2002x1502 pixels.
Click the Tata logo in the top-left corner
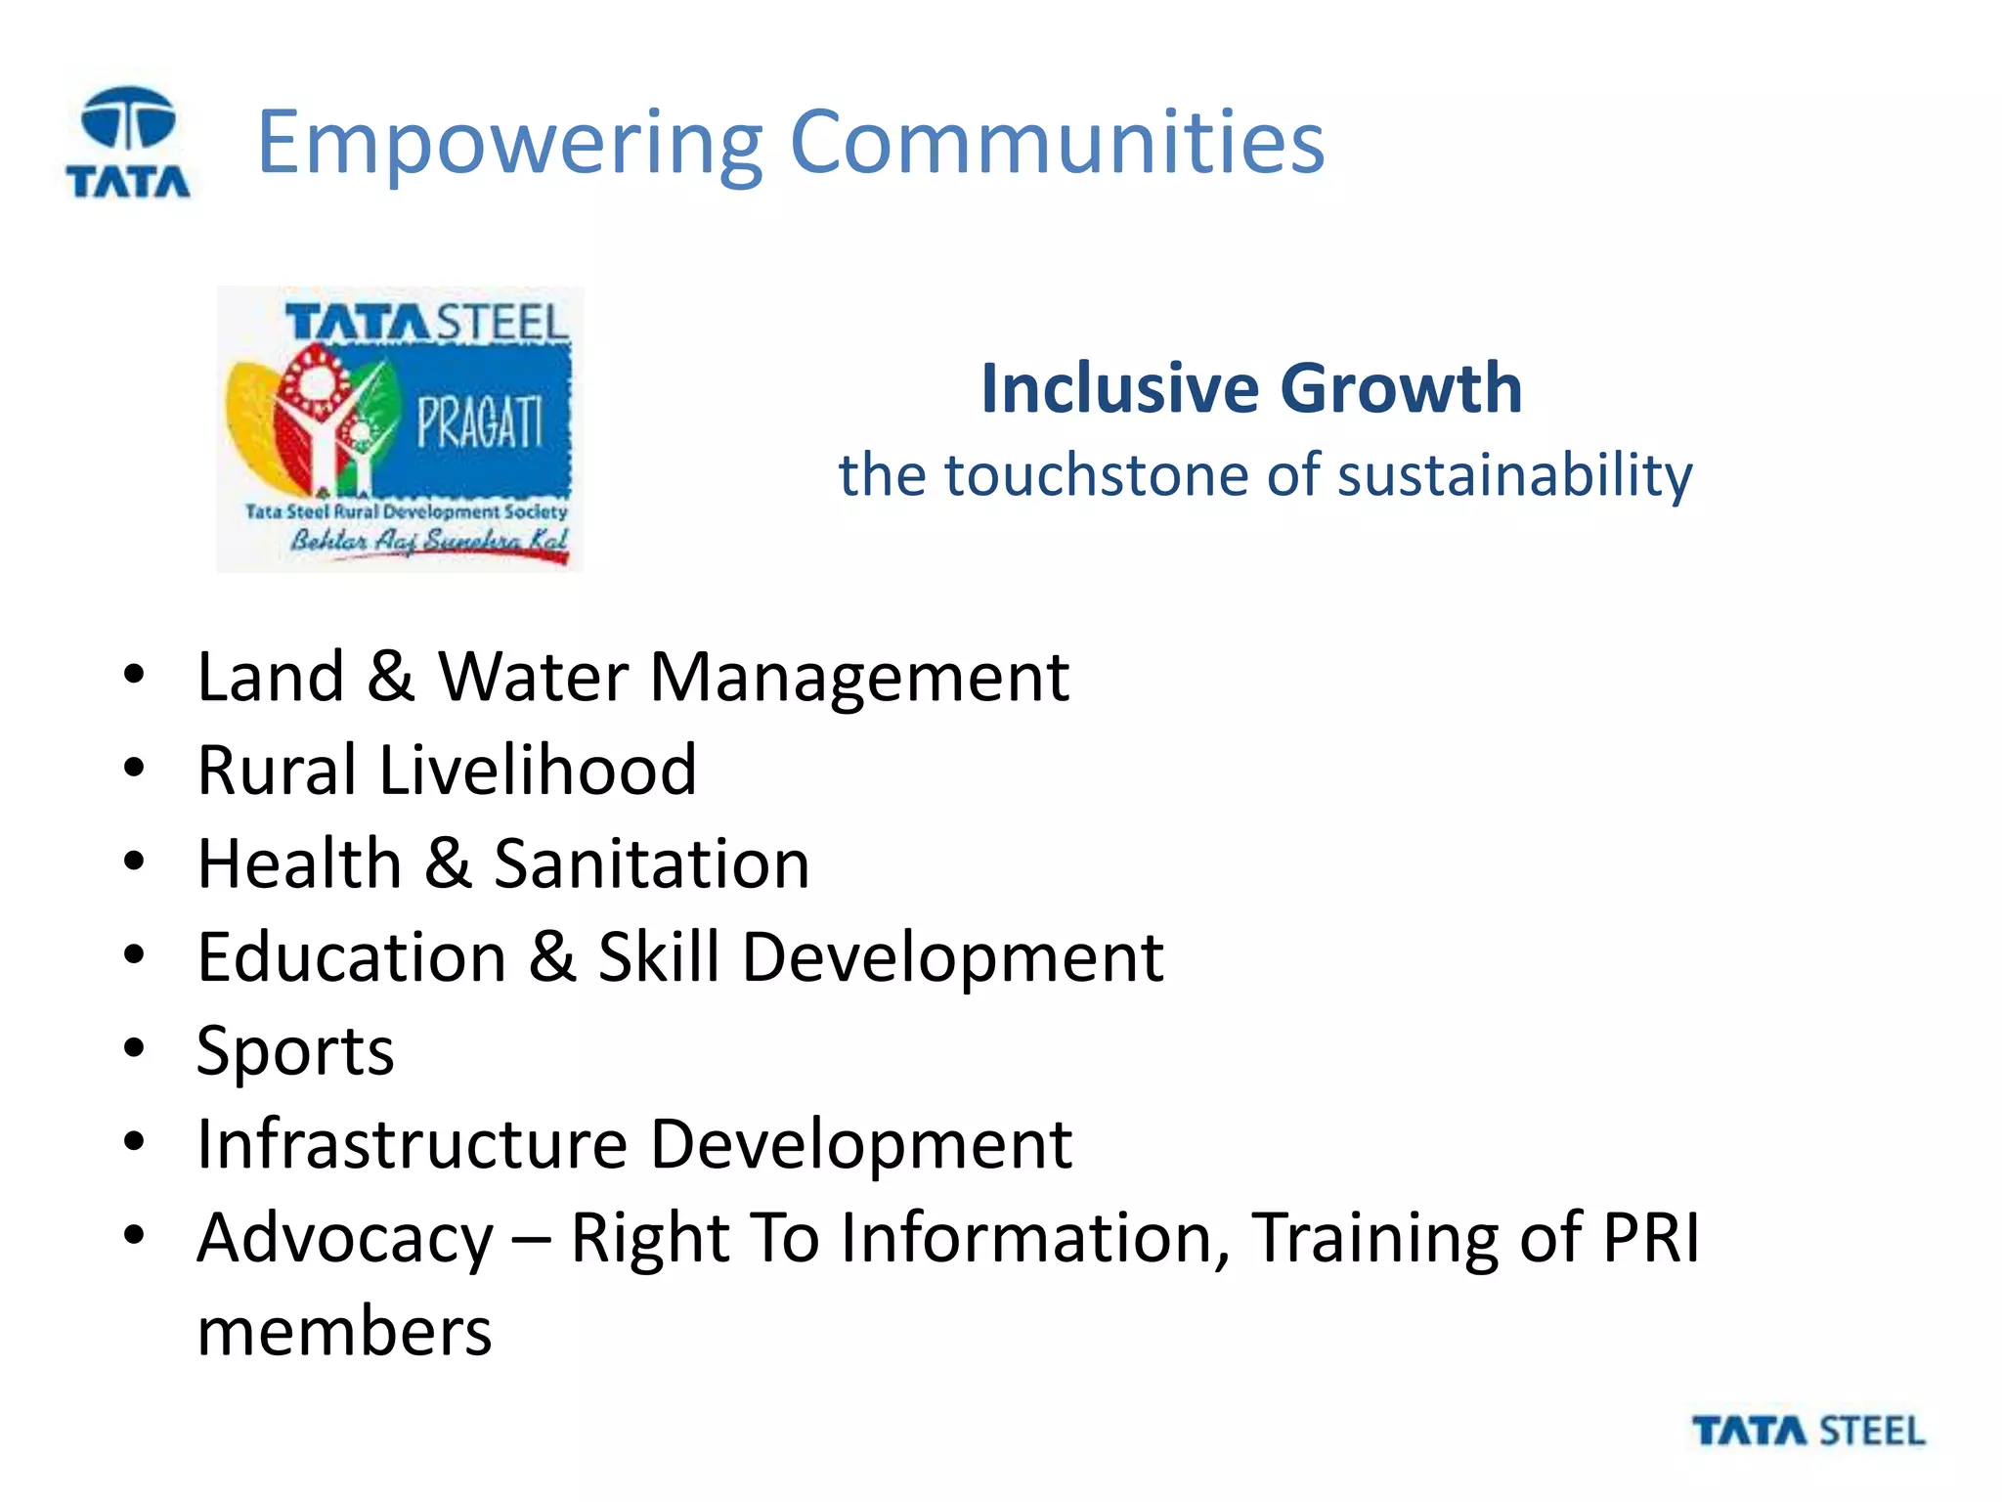[128, 142]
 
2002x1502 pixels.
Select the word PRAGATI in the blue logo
[479, 422]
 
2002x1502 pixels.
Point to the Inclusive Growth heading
[1251, 388]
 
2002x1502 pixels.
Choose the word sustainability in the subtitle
[1514, 477]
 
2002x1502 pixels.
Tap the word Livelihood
[538, 770]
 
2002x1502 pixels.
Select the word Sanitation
[651, 863]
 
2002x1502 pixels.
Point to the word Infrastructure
[412, 1144]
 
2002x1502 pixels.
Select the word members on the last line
[344, 1332]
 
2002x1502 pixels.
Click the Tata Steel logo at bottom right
[1808, 1432]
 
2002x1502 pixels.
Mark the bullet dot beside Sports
[134, 1048]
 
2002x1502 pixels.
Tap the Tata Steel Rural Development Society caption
[406, 511]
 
